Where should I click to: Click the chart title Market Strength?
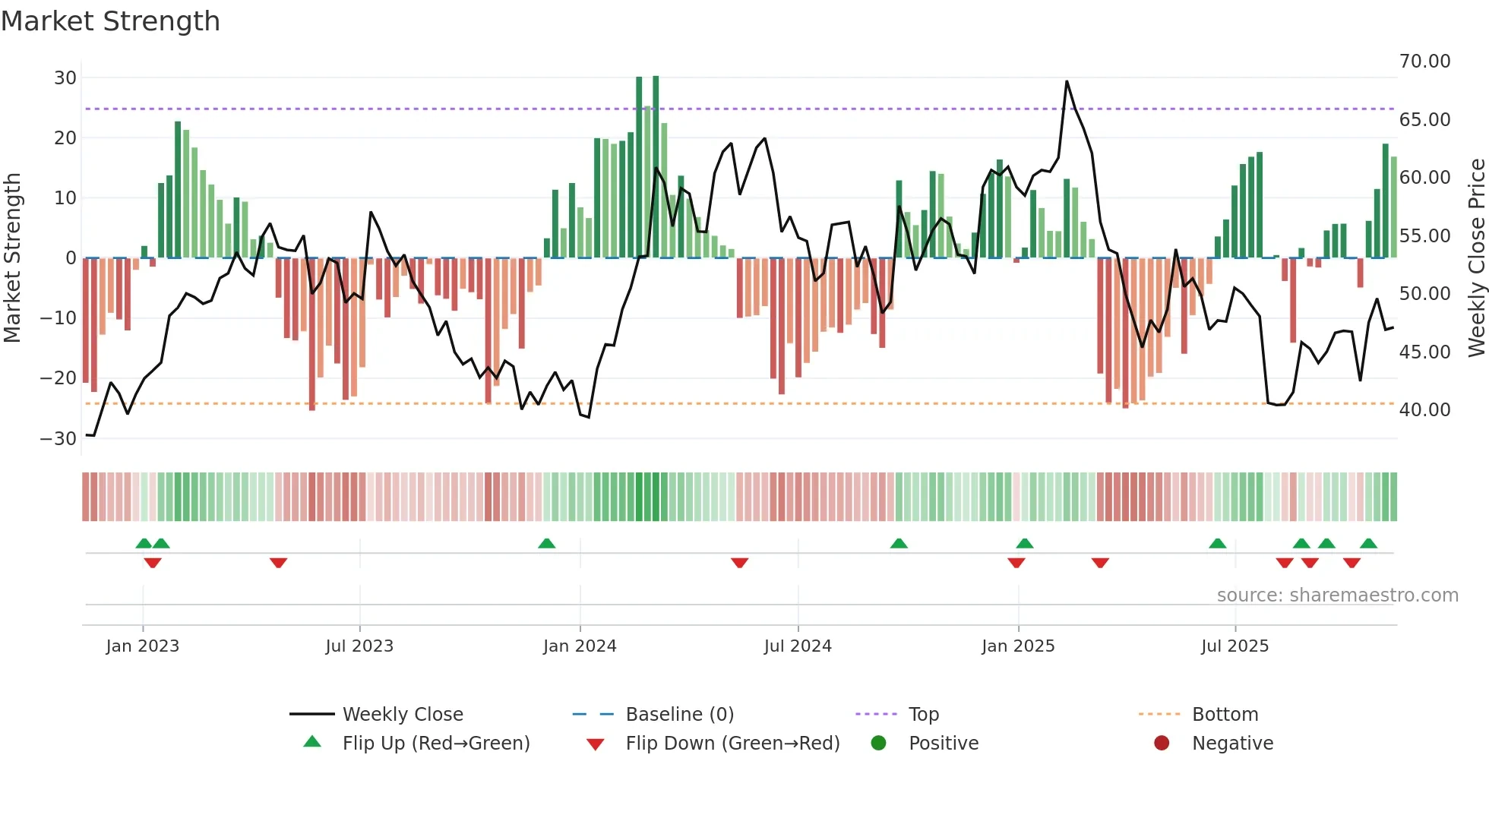tap(110, 21)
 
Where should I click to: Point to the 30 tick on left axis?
tap(65, 77)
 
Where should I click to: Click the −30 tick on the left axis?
tap(58, 438)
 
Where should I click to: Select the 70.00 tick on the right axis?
tap(1424, 62)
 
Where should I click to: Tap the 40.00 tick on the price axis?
tap(1424, 410)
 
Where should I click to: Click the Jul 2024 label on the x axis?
tap(798, 646)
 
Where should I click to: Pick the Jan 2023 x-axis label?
tap(143, 646)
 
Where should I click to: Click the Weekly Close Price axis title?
tap(1476, 258)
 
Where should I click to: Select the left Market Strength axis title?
tap(12, 258)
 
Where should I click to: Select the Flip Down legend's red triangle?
tap(596, 744)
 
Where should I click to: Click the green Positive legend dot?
tap(879, 744)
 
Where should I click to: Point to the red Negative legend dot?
tap(1162, 744)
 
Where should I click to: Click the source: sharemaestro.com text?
tap(1337, 595)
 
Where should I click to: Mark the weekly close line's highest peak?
tap(1067, 81)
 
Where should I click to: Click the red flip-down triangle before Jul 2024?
tap(740, 563)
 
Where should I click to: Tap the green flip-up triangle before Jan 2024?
tap(547, 543)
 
